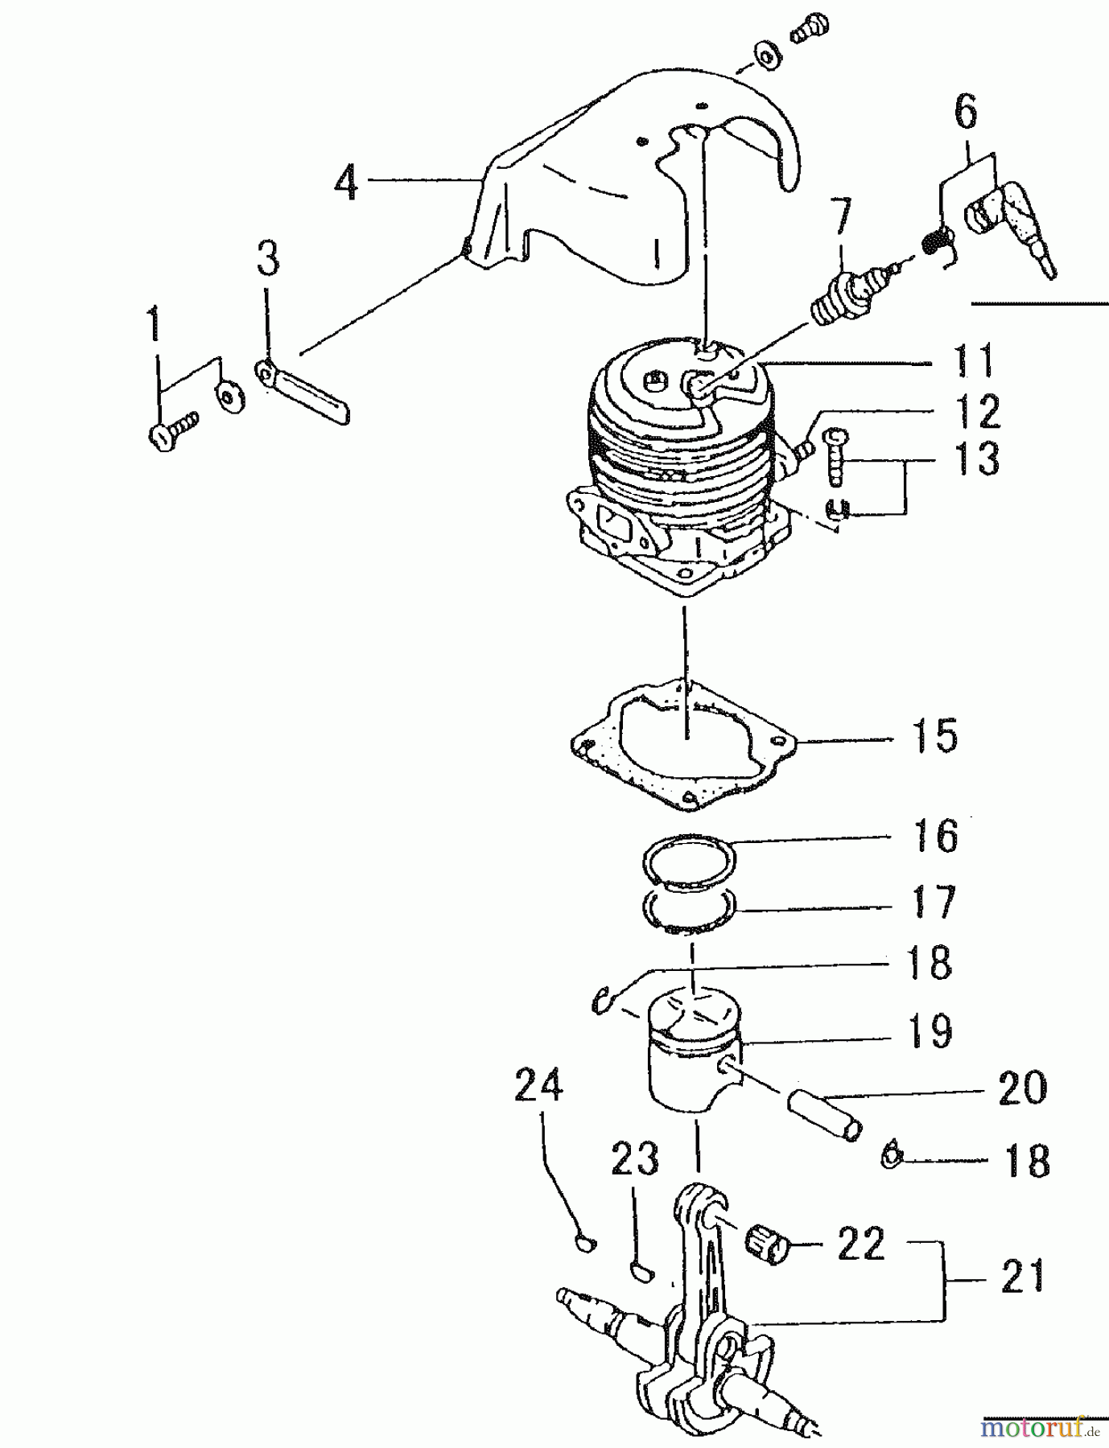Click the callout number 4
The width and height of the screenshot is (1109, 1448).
coord(346,184)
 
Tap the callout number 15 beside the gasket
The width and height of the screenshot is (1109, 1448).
coord(935,736)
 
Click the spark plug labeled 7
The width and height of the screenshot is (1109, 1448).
coord(849,297)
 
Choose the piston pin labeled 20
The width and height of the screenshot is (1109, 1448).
coord(822,1113)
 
